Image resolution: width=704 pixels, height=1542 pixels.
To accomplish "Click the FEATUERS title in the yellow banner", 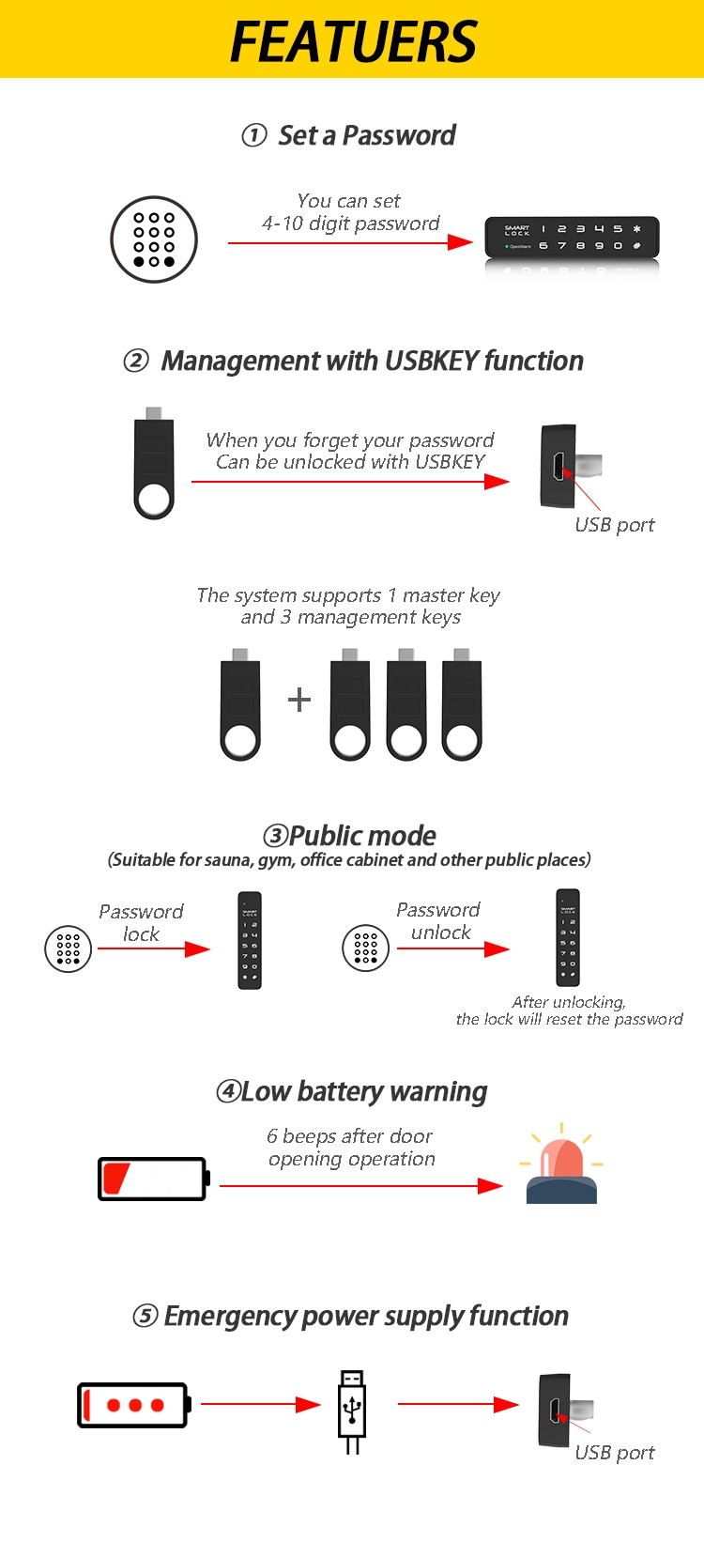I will click(x=353, y=40).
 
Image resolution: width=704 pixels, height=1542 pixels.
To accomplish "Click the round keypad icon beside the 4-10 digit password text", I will click(x=154, y=239).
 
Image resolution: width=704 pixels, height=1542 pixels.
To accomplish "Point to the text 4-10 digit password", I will click(x=350, y=224).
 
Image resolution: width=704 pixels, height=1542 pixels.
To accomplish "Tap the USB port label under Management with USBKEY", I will click(x=614, y=525).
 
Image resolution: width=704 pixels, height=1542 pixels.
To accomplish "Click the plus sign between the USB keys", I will click(x=298, y=700).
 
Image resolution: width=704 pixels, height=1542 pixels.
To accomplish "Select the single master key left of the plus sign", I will click(x=240, y=704).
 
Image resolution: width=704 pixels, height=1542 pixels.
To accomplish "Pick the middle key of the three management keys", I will click(x=406, y=704).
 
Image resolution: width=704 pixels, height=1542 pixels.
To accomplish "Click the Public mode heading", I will click(x=349, y=835).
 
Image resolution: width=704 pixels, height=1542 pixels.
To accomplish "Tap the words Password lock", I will click(x=141, y=922).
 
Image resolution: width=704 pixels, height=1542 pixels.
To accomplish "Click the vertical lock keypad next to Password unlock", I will click(x=568, y=937).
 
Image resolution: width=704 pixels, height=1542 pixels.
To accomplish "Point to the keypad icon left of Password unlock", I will click(x=365, y=948).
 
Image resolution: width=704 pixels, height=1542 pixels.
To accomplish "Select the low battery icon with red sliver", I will click(x=153, y=1179).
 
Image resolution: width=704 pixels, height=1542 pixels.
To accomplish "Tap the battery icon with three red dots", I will click(x=134, y=1405).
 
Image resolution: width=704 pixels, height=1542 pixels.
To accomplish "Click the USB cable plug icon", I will click(x=352, y=1411).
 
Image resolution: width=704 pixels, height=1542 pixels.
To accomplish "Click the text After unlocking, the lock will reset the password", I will click(x=569, y=1010).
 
